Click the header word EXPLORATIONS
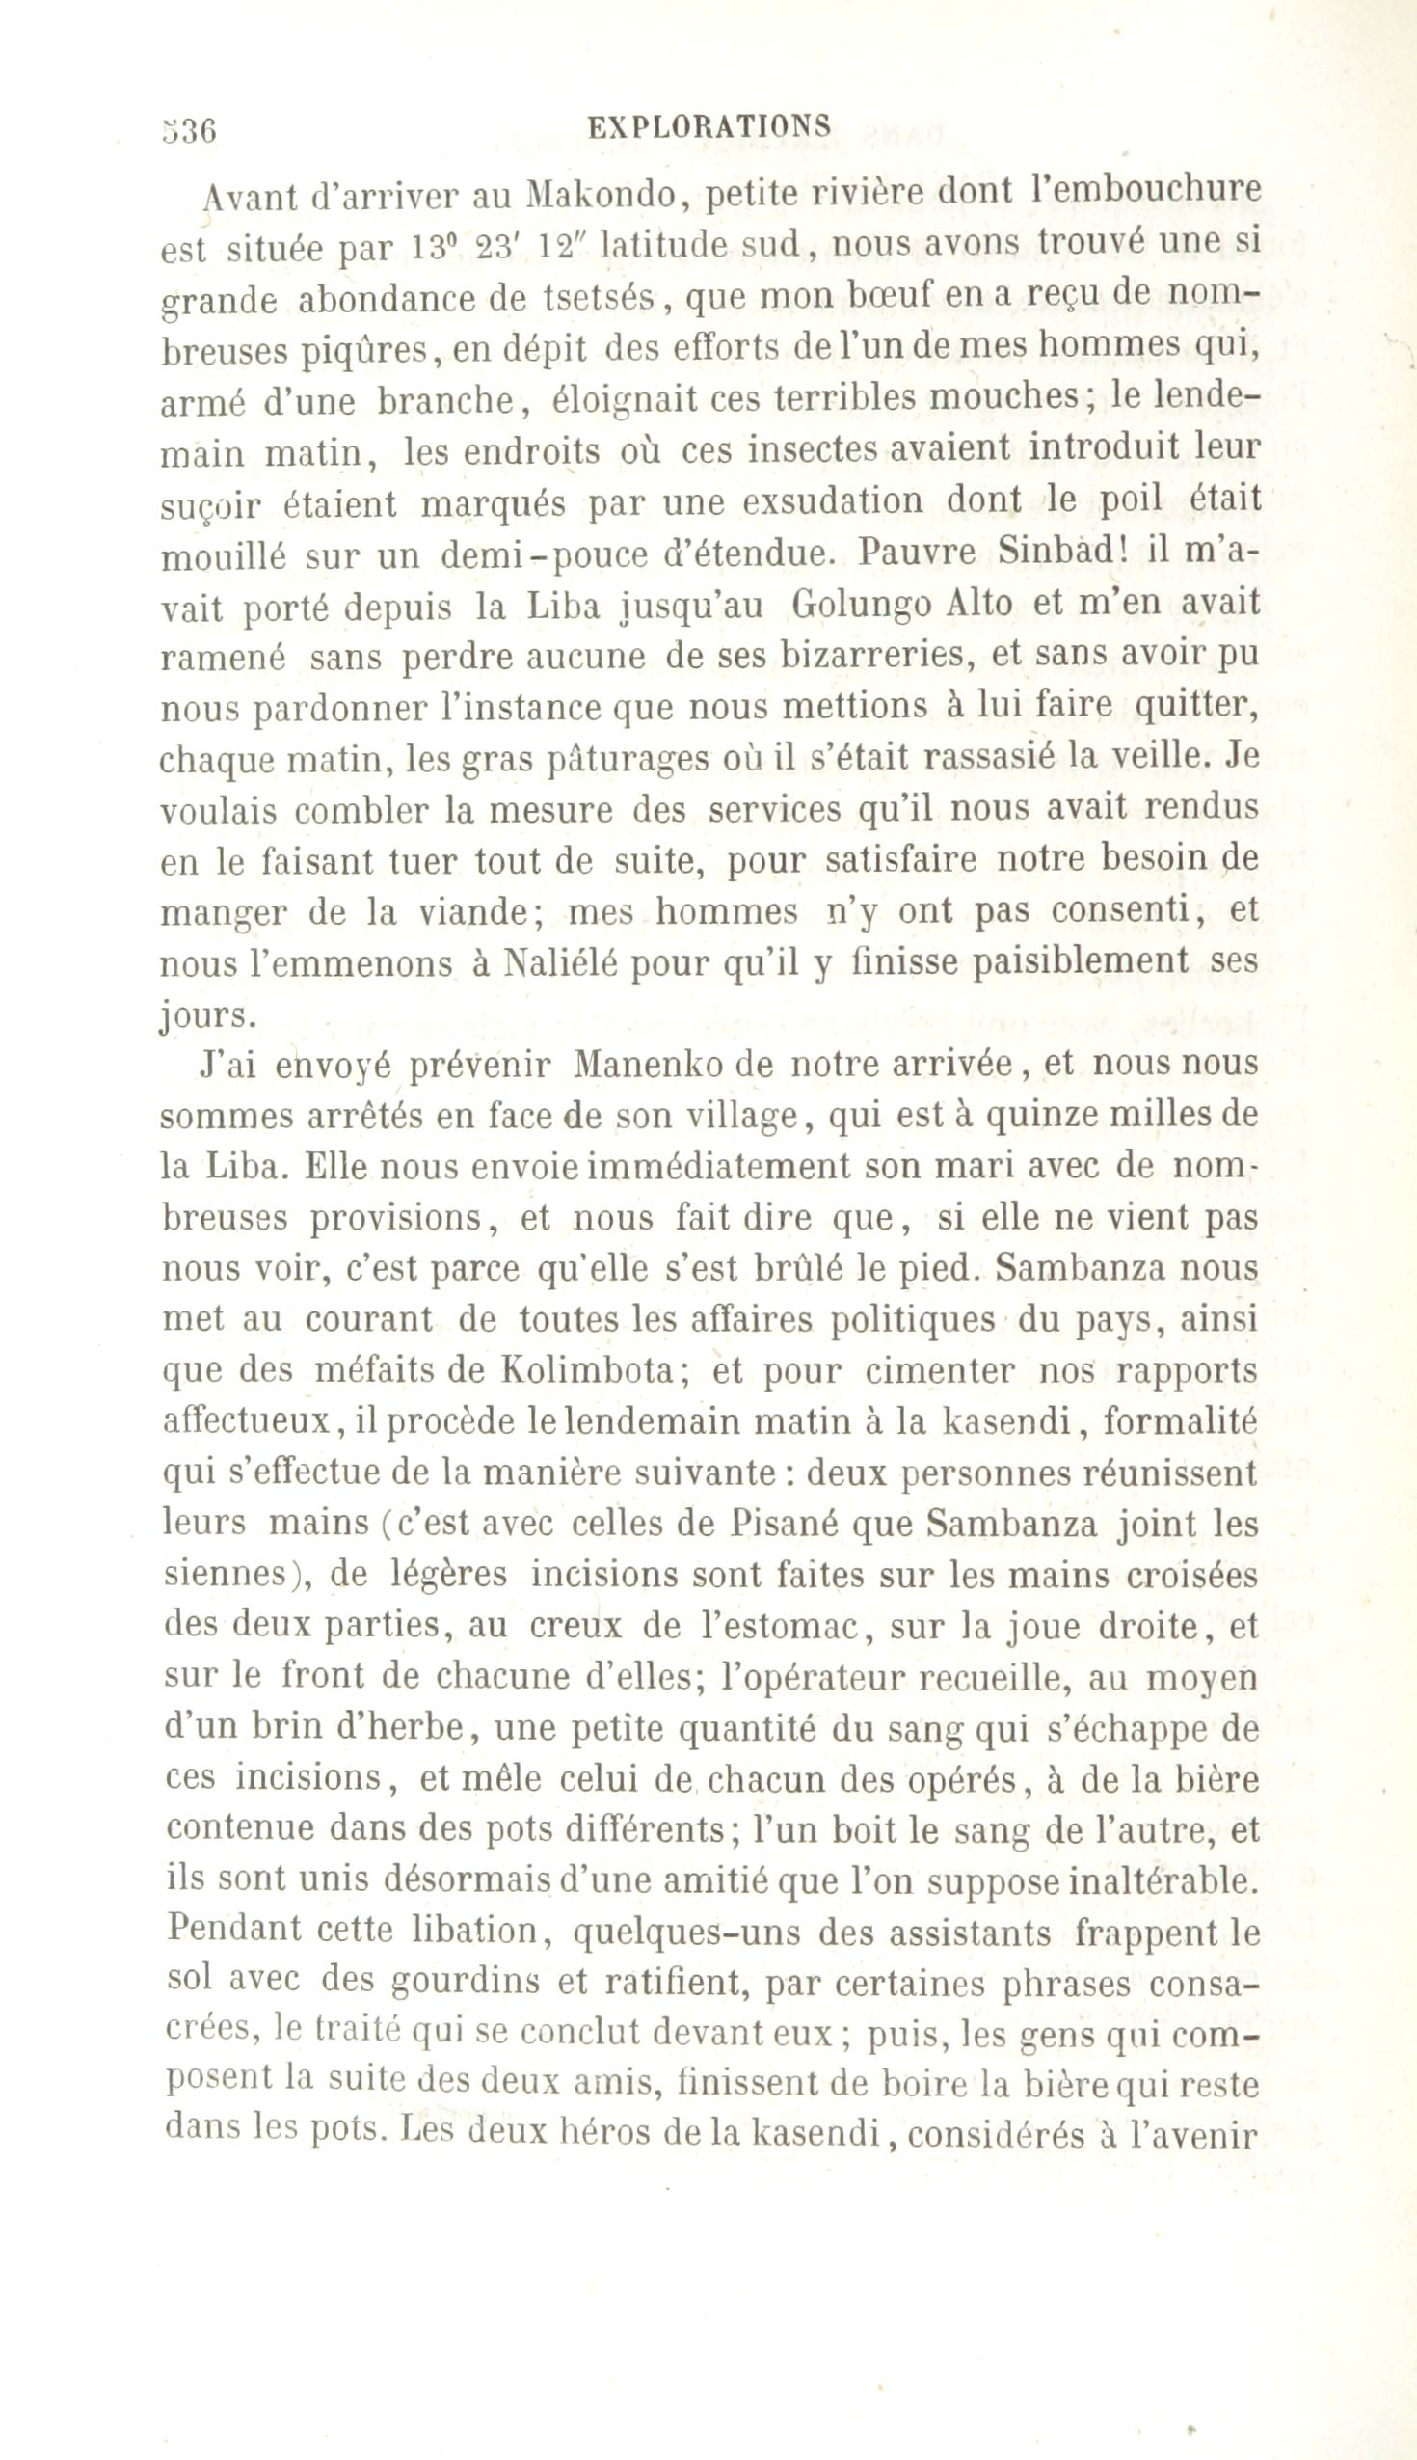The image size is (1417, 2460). click(x=710, y=126)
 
